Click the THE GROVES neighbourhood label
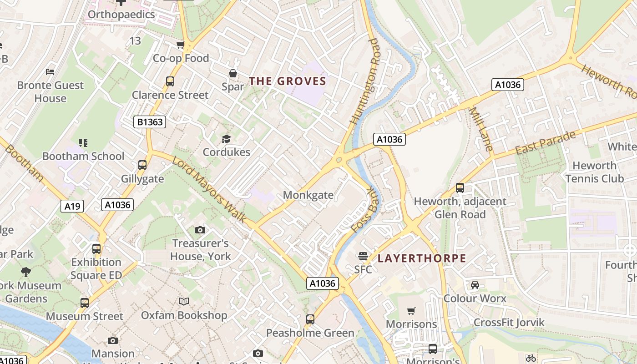(x=288, y=81)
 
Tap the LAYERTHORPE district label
(x=422, y=258)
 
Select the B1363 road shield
(x=150, y=122)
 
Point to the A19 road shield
(x=72, y=206)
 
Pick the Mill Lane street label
(x=480, y=129)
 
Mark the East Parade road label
(x=546, y=142)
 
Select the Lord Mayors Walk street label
(x=210, y=190)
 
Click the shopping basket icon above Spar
(x=233, y=73)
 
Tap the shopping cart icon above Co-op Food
(x=181, y=45)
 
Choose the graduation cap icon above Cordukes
(x=226, y=139)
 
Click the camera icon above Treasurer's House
(x=200, y=230)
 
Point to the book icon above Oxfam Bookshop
(x=184, y=302)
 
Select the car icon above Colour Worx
(x=475, y=285)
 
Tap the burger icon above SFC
(x=363, y=256)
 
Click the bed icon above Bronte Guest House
(x=50, y=72)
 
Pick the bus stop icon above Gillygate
(x=142, y=165)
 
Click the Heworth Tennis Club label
(x=594, y=172)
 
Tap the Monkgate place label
(x=308, y=195)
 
